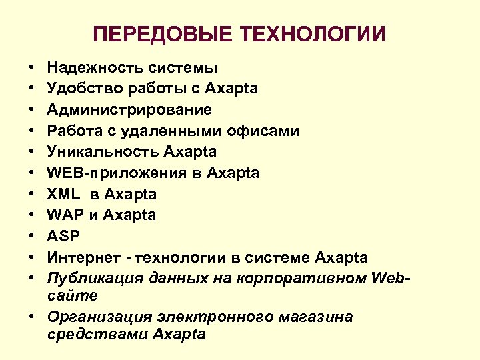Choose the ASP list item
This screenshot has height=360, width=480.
(62, 237)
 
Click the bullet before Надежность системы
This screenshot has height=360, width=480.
(31, 68)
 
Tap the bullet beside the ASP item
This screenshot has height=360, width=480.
(31, 237)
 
